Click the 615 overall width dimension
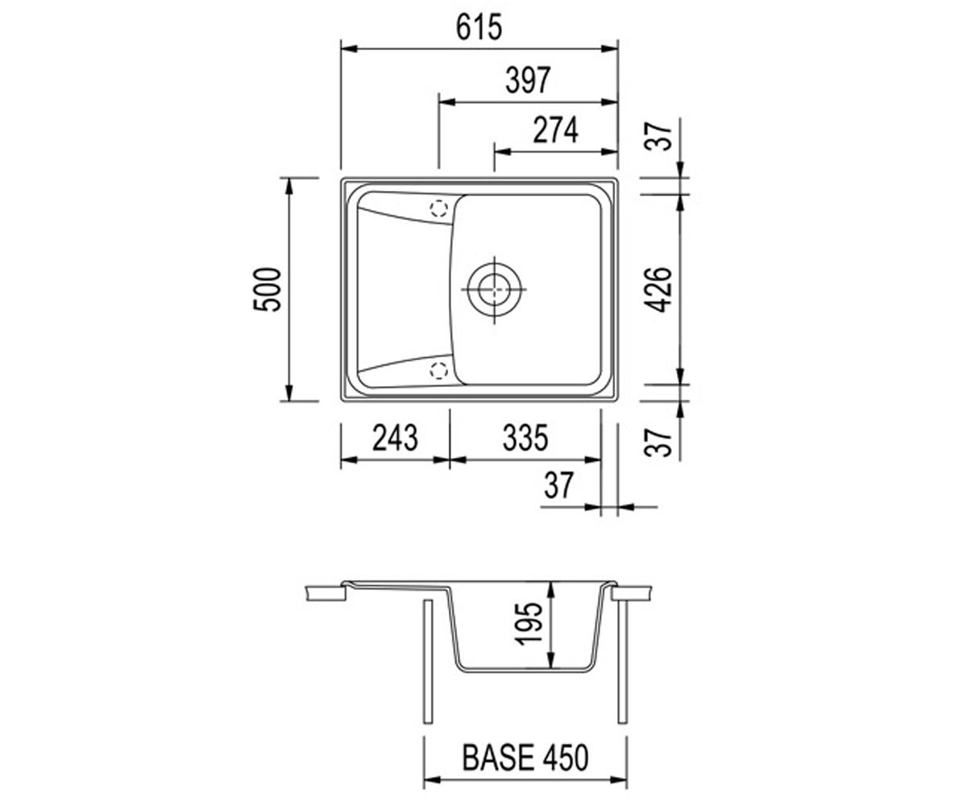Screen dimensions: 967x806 pyautogui.click(x=479, y=27)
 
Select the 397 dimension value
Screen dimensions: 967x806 pyautogui.click(x=528, y=80)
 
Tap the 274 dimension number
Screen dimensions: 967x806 pyautogui.click(x=555, y=130)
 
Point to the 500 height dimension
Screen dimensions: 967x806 pyautogui.click(x=268, y=289)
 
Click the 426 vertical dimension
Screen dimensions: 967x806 pyautogui.click(x=658, y=289)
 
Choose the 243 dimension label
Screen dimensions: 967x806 pyautogui.click(x=395, y=438)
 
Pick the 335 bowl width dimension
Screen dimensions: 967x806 pyautogui.click(x=525, y=438)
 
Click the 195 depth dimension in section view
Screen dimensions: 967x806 pyautogui.click(x=529, y=624)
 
